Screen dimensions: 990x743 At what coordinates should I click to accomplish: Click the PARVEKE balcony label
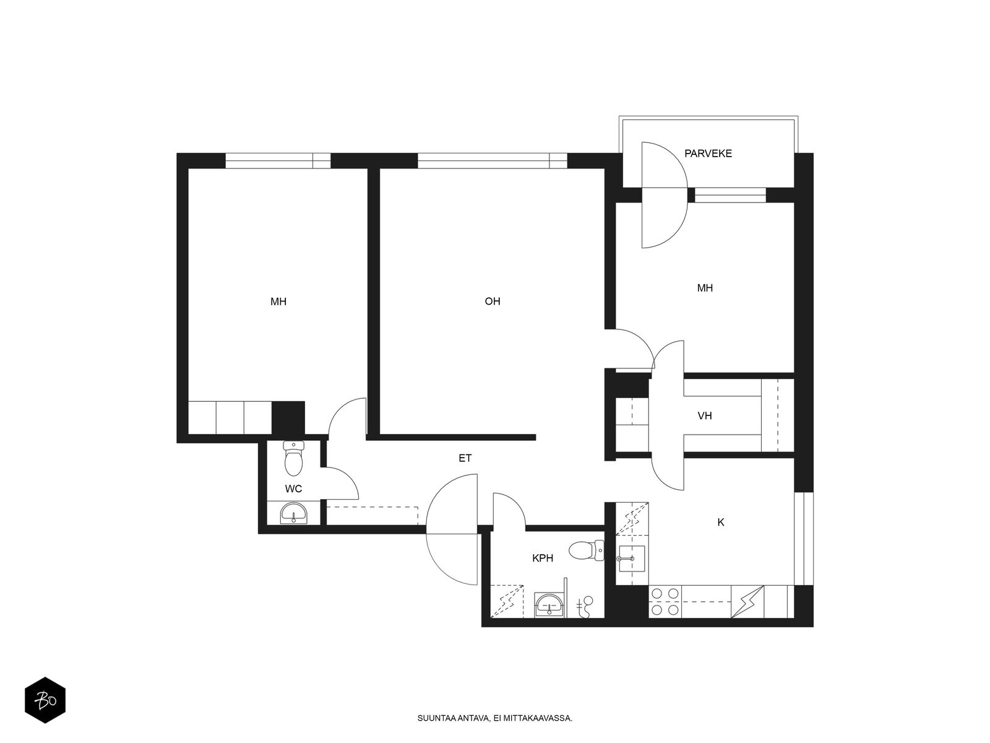click(708, 154)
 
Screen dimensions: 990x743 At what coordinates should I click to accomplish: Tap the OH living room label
click(492, 302)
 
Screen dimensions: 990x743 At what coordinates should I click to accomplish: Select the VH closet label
click(705, 415)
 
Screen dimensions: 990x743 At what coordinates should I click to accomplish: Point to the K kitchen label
click(721, 522)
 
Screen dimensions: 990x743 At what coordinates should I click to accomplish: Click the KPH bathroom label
click(543, 558)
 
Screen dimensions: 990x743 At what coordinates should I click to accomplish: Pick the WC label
click(293, 489)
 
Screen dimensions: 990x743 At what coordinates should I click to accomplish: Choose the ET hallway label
click(465, 458)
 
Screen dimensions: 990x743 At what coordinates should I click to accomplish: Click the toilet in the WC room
click(294, 458)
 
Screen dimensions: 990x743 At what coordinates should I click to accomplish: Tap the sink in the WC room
click(294, 513)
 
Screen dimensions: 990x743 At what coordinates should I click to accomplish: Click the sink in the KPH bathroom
click(549, 604)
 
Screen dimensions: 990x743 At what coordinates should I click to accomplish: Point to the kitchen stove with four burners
click(665, 601)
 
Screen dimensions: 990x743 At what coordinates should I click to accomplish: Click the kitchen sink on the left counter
click(632, 558)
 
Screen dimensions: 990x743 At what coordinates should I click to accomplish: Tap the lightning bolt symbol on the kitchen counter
click(747, 601)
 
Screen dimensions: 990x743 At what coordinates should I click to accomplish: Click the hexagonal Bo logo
click(45, 700)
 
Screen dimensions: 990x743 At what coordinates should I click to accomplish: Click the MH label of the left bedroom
click(278, 302)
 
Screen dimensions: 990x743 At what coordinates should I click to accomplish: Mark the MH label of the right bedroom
click(705, 288)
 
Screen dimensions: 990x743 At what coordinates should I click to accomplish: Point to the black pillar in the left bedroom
click(288, 418)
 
